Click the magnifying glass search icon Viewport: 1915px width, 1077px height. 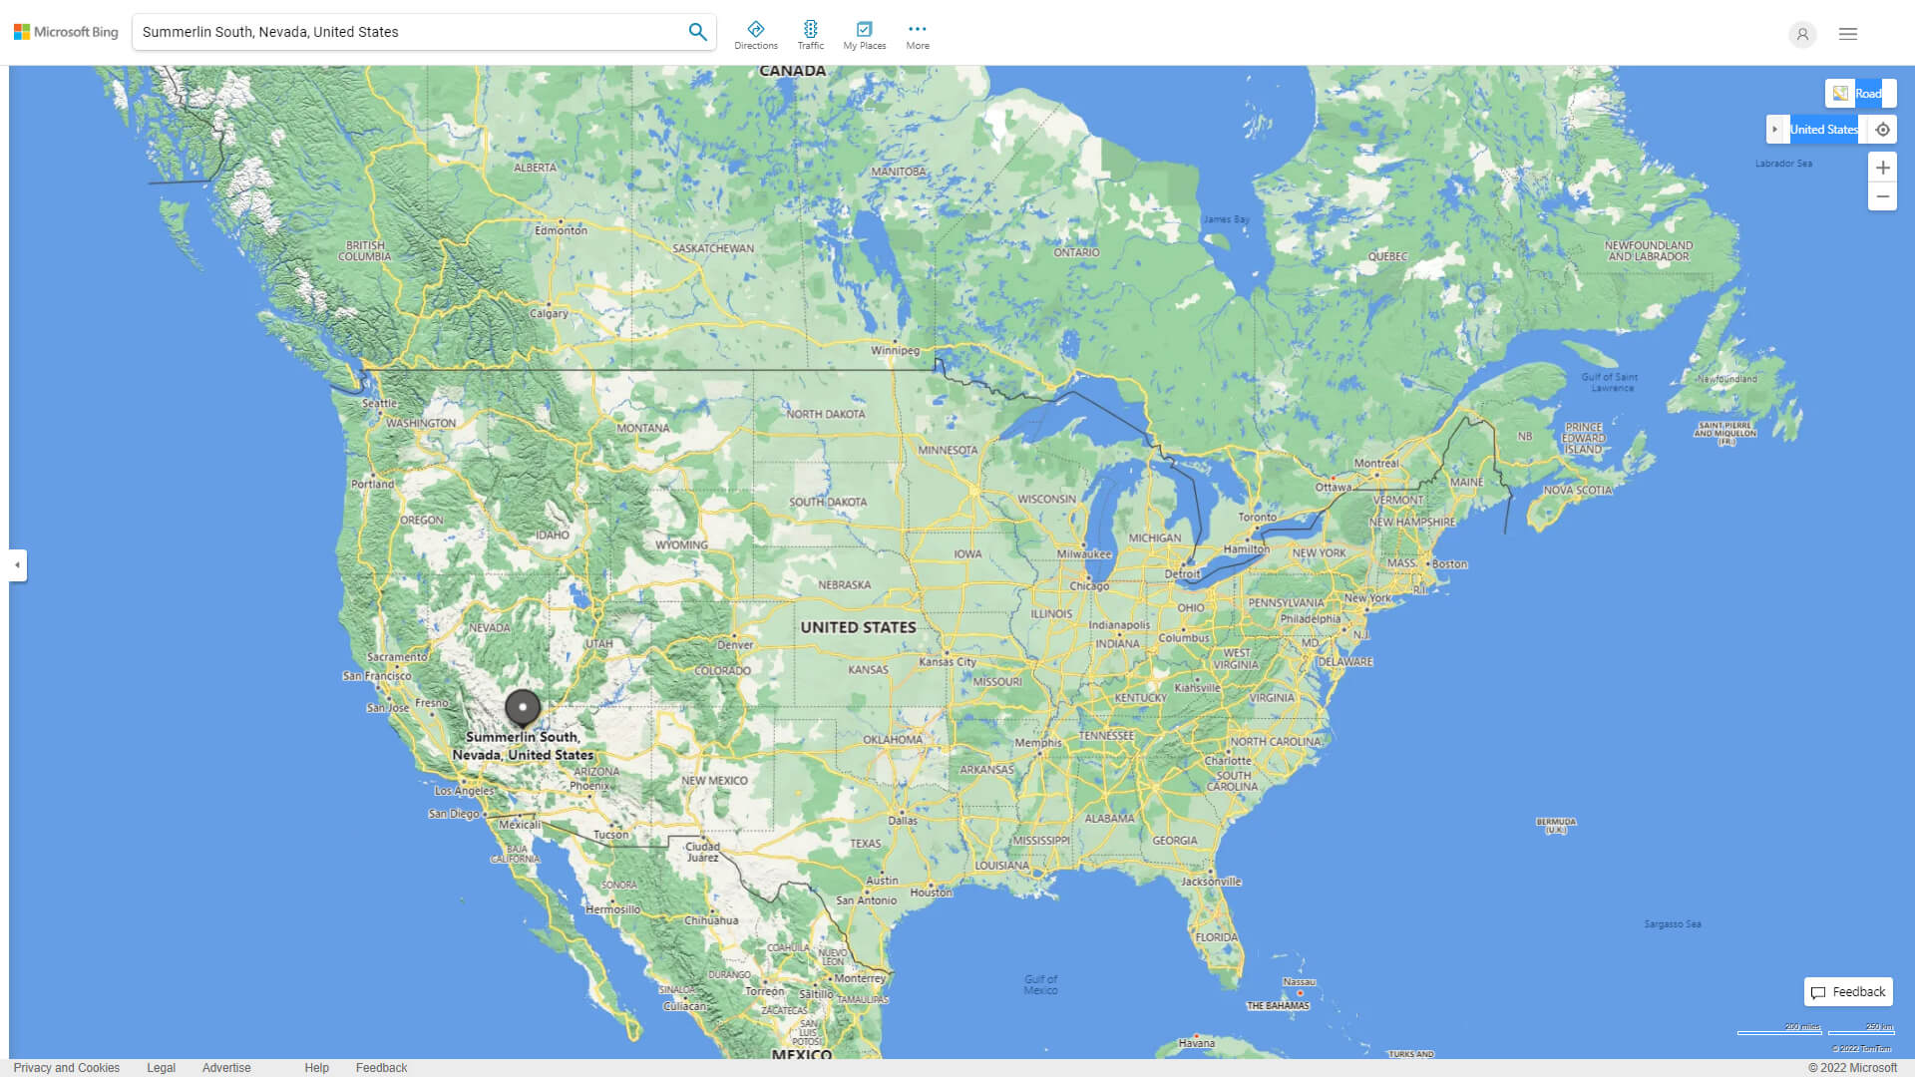point(697,32)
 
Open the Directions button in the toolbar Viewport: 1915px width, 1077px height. point(756,35)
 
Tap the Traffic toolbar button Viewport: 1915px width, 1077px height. point(811,35)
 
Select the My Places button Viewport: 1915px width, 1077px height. point(864,35)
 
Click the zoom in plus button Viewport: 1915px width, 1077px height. point(1882,168)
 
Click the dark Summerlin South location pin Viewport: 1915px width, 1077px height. point(523,707)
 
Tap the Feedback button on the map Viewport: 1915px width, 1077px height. point(1848,992)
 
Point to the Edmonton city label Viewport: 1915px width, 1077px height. point(561,230)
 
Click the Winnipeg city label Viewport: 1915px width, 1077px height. point(895,350)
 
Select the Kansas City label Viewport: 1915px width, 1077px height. point(948,661)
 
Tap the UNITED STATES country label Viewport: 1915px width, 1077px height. point(858,627)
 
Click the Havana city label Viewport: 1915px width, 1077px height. point(1196,1043)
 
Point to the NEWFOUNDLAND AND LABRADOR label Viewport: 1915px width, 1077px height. point(1648,250)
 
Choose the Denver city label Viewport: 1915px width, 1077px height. point(735,644)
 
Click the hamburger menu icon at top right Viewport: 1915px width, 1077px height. point(1848,34)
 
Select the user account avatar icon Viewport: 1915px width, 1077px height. point(1802,34)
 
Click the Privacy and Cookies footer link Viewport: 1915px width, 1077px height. point(67,1068)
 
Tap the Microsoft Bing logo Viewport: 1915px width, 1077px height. point(66,32)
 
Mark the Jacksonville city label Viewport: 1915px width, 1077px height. point(1211,882)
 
